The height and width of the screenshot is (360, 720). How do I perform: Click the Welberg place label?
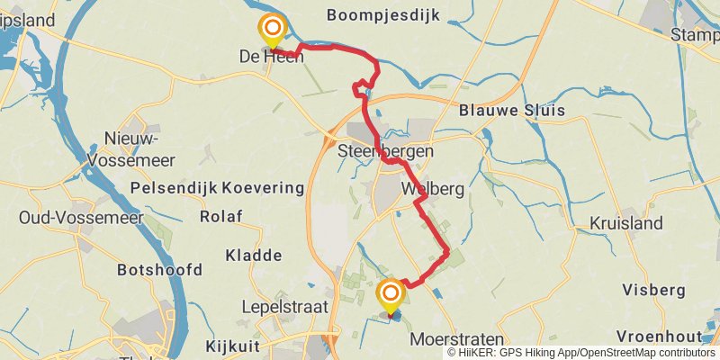coord(433,190)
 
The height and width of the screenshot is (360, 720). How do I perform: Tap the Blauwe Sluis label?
coord(511,111)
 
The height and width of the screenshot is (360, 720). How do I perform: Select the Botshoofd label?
coord(159,270)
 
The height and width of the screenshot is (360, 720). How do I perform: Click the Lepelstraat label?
coord(278,306)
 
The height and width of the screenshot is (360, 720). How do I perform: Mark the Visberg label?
coord(653,290)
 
